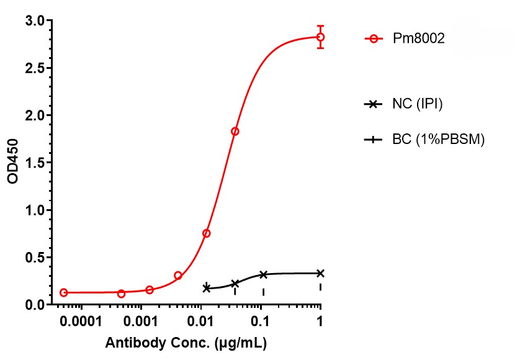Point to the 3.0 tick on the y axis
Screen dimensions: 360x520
tap(30, 21)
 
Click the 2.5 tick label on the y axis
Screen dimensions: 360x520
tap(30, 68)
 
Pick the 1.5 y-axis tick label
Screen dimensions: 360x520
tap(30, 163)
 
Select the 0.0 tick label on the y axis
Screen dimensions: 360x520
tap(30, 305)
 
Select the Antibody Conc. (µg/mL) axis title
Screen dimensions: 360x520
tap(187, 343)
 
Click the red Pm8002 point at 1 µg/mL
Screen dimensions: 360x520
tap(320, 37)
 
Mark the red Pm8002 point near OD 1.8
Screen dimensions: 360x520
tap(235, 131)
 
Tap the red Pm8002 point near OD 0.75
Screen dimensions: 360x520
tap(207, 233)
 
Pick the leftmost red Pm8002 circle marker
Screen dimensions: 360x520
tap(63, 292)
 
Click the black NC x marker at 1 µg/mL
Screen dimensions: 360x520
tap(320, 273)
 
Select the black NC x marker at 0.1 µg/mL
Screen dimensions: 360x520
tap(263, 274)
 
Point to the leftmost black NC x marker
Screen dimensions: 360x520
tap(207, 288)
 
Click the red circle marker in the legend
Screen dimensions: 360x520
tap(373, 38)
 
